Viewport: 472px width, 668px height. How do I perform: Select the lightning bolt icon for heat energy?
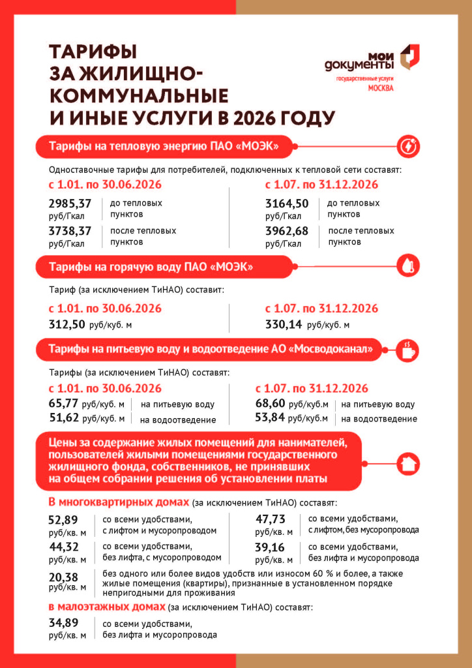(408, 145)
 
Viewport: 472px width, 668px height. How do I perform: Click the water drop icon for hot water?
(408, 267)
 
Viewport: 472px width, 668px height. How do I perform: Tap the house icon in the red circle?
(408, 461)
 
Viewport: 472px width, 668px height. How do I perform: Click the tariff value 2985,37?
(70, 204)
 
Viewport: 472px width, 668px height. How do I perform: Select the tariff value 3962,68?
(287, 231)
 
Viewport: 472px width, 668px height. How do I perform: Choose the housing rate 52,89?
(63, 519)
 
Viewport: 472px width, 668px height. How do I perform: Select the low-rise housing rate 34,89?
(63, 624)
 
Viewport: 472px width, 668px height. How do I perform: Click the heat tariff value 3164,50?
(287, 204)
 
